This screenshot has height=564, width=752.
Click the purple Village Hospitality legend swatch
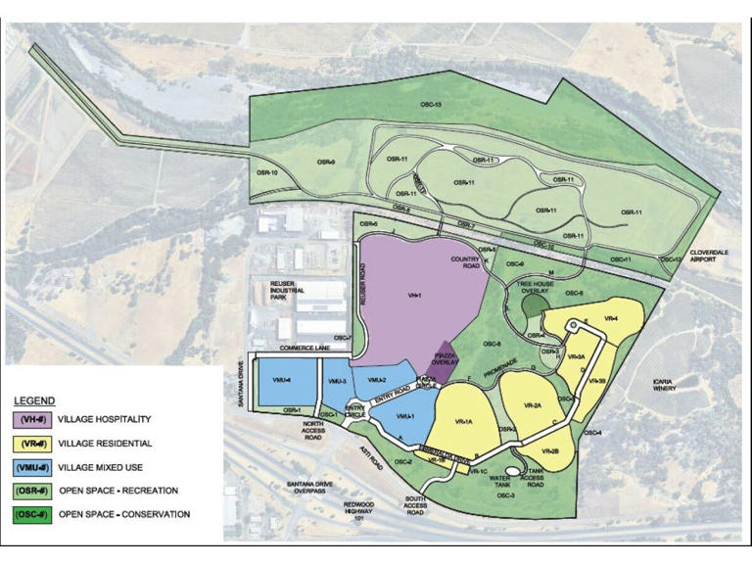[30, 420]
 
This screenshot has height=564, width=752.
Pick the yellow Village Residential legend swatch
[30, 443]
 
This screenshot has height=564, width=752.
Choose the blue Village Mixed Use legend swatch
[30, 467]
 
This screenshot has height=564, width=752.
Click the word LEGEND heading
[35, 401]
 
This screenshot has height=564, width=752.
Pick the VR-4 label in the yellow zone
[609, 318]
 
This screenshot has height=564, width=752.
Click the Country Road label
[463, 262]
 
